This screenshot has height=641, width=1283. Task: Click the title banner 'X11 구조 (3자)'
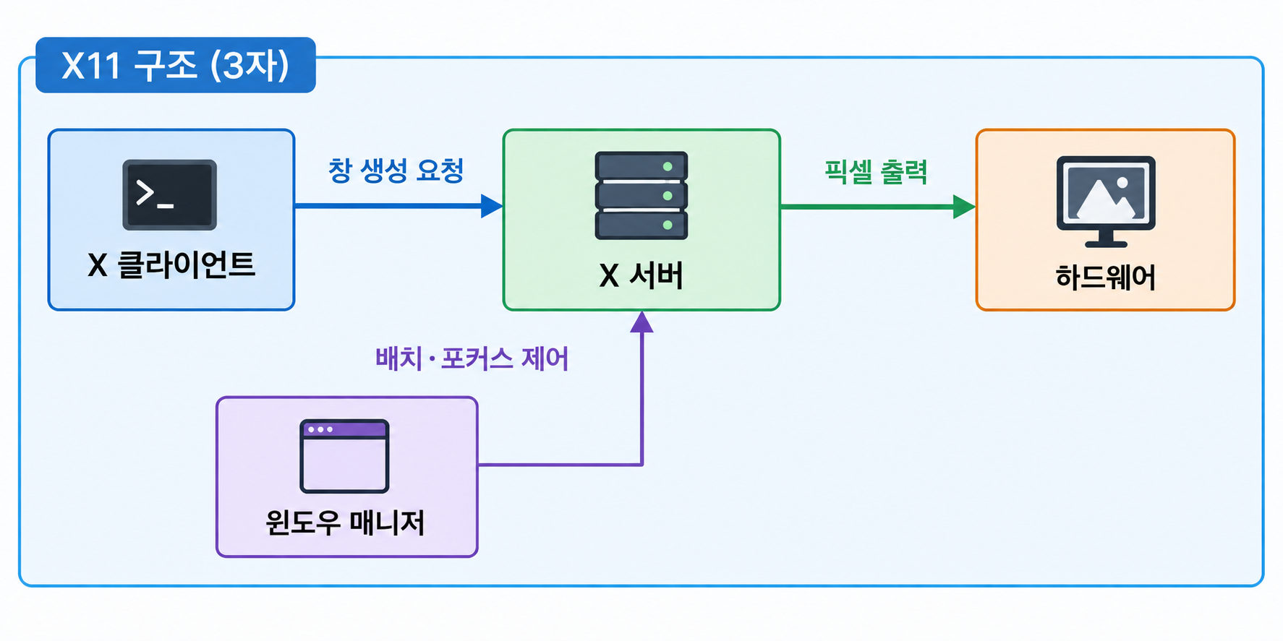coord(176,65)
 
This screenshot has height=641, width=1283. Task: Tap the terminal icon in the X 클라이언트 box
coord(170,195)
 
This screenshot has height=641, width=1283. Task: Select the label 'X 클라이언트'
coord(171,265)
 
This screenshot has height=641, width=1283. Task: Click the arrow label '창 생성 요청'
coord(396,171)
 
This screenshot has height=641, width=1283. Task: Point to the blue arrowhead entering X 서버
coord(492,206)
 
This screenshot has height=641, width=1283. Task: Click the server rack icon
coord(641,195)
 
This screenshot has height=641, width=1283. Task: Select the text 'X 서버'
coord(641,275)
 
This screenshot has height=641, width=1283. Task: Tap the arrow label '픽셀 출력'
coord(876,172)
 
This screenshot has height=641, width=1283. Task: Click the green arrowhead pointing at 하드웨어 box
coord(964,207)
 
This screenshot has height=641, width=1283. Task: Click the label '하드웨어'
coord(1106,277)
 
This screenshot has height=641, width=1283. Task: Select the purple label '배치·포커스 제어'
coord(472,358)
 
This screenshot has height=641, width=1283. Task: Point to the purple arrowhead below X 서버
coord(641,322)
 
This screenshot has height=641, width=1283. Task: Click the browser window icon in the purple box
coord(344,456)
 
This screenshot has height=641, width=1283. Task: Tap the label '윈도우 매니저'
coord(345,522)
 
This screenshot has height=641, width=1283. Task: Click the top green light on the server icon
coord(668,167)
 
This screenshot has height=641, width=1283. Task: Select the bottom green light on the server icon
coord(668,225)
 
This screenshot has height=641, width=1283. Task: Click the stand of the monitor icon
coord(1106,238)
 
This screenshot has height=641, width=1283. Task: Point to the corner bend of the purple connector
coord(641,465)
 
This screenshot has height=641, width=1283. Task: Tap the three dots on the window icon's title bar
coord(320,429)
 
